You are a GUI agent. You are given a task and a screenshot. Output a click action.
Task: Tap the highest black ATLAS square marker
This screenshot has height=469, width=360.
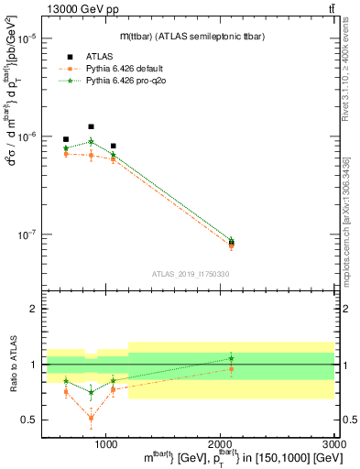91,126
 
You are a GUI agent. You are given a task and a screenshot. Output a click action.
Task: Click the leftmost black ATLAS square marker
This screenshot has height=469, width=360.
66,139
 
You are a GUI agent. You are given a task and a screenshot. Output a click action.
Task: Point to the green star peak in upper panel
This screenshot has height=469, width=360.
91,141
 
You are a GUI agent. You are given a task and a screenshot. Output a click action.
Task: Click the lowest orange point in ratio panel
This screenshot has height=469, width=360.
91,419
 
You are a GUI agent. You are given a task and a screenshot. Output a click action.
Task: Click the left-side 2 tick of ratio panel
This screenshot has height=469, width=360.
34,309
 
